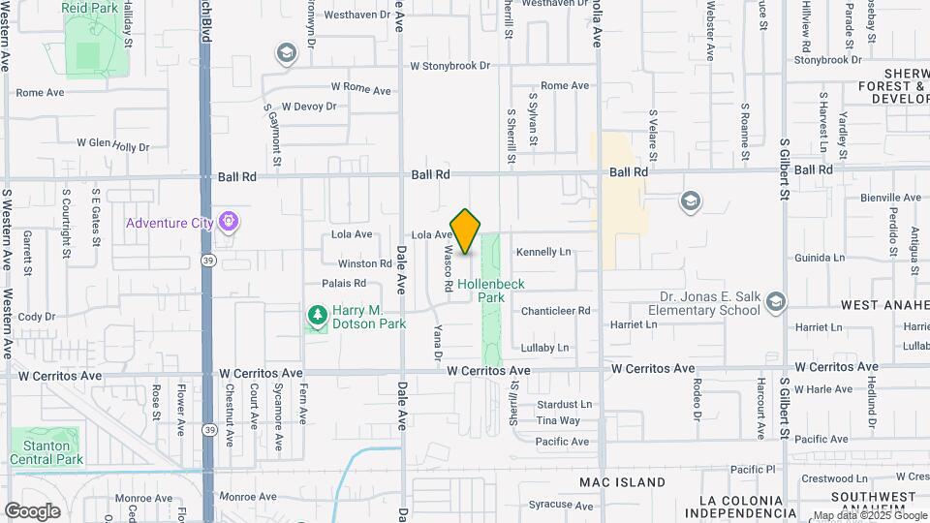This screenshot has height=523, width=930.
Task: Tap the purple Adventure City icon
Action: click(228, 223)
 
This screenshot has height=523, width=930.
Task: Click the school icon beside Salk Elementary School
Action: click(774, 303)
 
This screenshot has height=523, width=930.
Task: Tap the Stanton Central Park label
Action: click(46, 452)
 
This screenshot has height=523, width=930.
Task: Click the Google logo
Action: click(32, 510)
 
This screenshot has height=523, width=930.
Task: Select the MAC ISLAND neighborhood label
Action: click(622, 481)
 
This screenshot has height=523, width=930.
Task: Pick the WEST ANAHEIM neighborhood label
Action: click(884, 305)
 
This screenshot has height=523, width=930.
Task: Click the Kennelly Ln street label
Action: click(543, 252)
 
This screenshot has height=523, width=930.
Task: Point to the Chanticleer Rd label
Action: click(555, 311)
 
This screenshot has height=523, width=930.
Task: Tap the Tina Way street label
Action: click(558, 420)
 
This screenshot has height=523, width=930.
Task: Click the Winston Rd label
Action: click(365, 263)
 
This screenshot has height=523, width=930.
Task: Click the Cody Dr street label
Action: click(36, 317)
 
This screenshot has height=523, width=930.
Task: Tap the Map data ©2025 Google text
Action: click(869, 516)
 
